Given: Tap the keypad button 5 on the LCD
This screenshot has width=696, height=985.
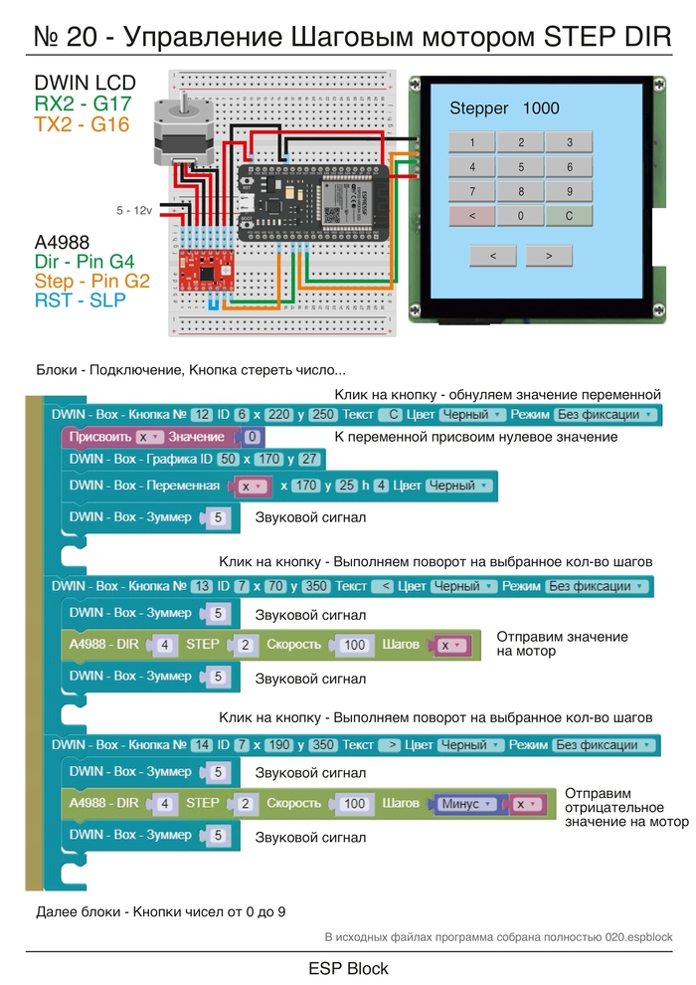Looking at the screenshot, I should [x=521, y=167].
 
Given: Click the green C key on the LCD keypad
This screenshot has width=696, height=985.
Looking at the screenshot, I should [x=569, y=216].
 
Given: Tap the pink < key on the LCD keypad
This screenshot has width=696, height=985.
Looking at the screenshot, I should [x=472, y=216].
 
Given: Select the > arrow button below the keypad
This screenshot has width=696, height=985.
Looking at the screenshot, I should [x=549, y=256].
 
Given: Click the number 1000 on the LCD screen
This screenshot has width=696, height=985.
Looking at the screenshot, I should [x=541, y=108].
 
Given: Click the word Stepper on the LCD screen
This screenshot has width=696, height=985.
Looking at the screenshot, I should [x=479, y=108].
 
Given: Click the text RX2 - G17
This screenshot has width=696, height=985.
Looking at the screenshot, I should [x=84, y=104].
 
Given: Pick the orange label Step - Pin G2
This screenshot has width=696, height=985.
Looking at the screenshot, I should [x=91, y=282].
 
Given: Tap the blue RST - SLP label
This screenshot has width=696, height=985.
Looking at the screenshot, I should [x=80, y=300].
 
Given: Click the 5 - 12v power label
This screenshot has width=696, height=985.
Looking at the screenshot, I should [x=134, y=211].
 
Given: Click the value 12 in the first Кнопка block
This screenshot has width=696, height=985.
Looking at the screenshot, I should [x=202, y=414].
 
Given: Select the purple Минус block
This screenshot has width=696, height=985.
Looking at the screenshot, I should [x=467, y=803].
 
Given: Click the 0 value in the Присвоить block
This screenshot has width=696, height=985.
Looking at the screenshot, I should [x=253, y=437].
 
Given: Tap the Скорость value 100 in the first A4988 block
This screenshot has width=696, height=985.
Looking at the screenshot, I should [x=354, y=645].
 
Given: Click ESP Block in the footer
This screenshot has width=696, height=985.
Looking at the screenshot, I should [x=348, y=968].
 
